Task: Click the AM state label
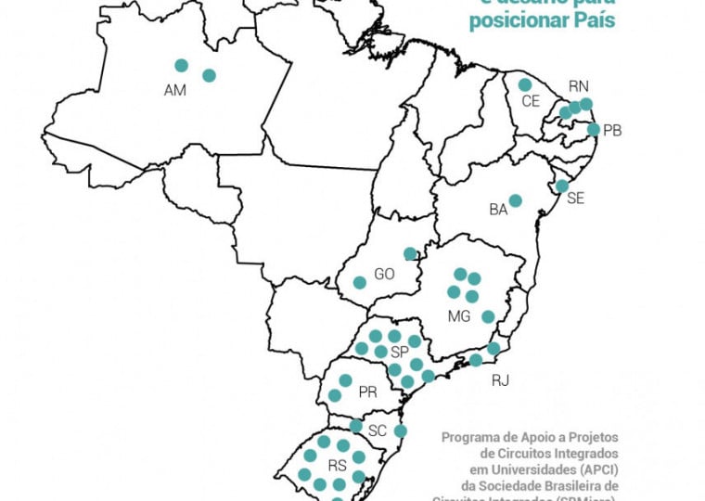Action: click(175, 90)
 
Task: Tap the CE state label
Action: click(531, 100)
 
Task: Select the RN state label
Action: click(579, 85)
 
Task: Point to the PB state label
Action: click(612, 131)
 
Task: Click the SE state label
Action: click(576, 199)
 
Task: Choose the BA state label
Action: click(498, 210)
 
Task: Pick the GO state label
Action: click(384, 274)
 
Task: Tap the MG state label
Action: click(459, 316)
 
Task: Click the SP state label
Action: click(400, 353)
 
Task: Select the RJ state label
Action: click(501, 380)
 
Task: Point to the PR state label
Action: click(367, 392)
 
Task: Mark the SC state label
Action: click(378, 431)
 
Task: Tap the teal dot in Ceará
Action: click(525, 84)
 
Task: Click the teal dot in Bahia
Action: click(515, 200)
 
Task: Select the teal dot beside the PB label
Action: click(594, 130)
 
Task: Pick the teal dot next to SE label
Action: click(561, 186)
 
